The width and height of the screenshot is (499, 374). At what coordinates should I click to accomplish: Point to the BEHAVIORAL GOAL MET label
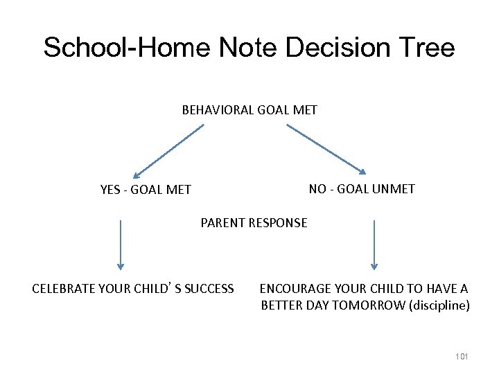[x=249, y=109]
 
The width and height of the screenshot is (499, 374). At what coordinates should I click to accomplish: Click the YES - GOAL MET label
[x=146, y=189]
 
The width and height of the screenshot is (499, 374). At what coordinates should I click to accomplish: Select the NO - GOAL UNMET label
[x=362, y=188]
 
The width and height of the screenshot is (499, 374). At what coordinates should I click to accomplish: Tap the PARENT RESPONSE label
[x=254, y=223]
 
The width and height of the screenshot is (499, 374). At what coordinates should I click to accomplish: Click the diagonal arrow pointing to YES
[x=168, y=151]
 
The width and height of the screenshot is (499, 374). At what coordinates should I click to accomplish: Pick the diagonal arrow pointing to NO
[x=326, y=149]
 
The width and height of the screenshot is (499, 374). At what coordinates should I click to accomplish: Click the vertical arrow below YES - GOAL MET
[x=121, y=244]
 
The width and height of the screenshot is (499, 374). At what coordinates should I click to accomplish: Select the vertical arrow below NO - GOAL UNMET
[x=374, y=244]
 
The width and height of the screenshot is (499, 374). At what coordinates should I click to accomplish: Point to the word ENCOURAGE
[x=292, y=288]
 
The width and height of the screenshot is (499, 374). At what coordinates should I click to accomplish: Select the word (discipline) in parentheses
[x=440, y=305]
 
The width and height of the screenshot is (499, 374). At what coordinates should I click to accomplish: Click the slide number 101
[x=462, y=356]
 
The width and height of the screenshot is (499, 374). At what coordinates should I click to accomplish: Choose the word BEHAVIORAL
[x=216, y=109]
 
